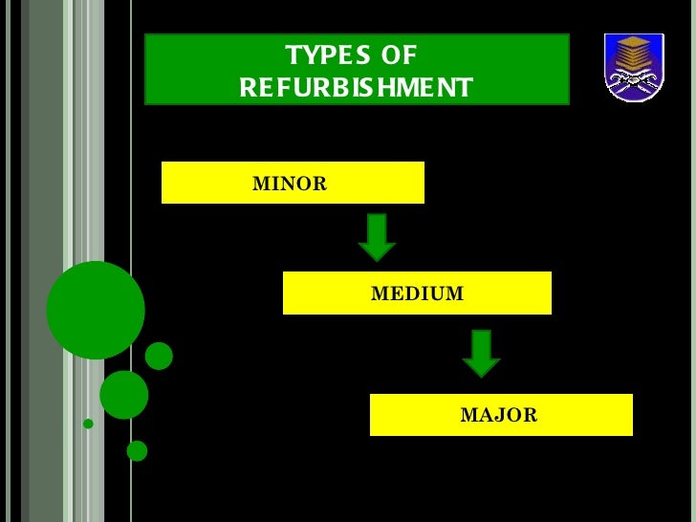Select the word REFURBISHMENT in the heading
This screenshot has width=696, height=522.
(356, 88)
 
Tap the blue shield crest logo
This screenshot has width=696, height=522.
(633, 67)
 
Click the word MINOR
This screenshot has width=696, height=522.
(289, 184)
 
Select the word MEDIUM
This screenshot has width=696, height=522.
(417, 294)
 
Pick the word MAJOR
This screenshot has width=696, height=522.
(499, 415)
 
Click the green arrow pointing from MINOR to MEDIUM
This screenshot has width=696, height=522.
(377, 237)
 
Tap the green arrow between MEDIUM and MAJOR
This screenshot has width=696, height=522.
(481, 354)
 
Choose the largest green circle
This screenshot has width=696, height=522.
(96, 310)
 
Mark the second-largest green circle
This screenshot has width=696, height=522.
(124, 394)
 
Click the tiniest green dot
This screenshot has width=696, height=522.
(88, 424)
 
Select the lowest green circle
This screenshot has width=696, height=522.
(137, 450)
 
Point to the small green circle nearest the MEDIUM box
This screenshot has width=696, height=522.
(159, 356)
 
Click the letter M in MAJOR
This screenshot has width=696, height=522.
(468, 415)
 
